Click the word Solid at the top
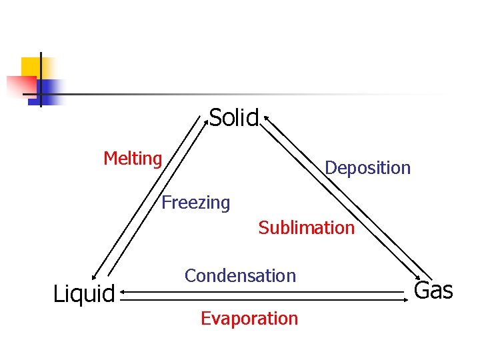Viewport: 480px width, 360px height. tap(233, 118)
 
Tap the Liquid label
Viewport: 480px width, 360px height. tap(84, 293)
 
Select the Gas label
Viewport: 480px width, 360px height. tap(433, 291)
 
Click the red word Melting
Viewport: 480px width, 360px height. tap(133, 159)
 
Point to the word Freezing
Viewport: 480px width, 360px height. tap(195, 202)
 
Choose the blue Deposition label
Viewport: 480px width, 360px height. tap(367, 167)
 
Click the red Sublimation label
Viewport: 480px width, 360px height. tap(306, 227)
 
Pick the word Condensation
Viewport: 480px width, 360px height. tap(240, 275)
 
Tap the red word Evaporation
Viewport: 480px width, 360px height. tap(249, 318)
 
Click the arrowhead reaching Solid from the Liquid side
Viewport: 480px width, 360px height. tap(205, 120)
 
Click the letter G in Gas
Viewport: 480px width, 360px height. tap(422, 291)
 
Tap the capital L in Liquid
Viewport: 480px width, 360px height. tap(57, 293)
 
